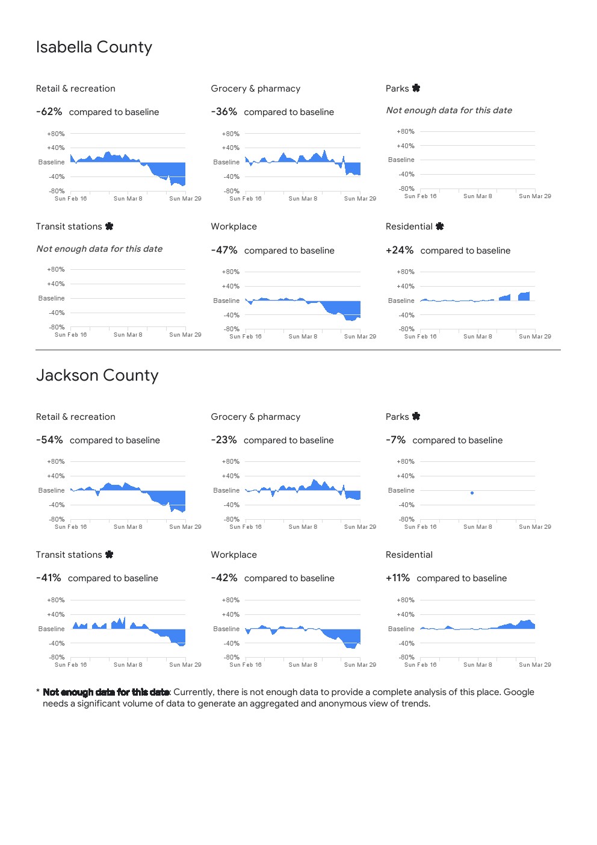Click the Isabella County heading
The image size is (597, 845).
94,47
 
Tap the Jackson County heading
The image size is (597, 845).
97,375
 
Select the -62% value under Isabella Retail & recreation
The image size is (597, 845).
49,112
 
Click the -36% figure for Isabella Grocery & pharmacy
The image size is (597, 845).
224,112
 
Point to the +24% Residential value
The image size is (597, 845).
400,251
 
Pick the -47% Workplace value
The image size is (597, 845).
224,251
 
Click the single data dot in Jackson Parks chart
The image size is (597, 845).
472,493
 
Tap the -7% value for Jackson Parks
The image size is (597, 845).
395,440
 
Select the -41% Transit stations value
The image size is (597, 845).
49,578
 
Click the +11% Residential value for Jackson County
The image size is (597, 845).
398,578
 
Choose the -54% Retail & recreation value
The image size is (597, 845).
49,440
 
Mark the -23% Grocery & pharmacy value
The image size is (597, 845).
224,440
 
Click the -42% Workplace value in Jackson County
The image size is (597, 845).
224,578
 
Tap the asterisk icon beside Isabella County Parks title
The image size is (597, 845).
416,88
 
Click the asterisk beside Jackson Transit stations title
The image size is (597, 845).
109,554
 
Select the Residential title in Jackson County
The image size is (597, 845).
409,555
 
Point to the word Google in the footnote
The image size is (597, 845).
519,692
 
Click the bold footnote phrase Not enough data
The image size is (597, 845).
106,692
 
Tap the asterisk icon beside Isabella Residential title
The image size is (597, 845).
440,226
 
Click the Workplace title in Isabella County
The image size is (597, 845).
234,226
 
